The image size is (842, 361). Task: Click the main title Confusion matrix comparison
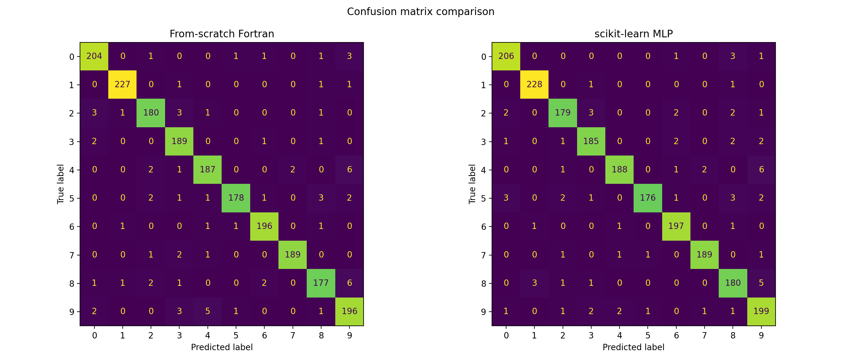click(x=420, y=12)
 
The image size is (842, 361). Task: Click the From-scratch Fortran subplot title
click(x=222, y=34)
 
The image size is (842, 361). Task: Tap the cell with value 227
click(x=122, y=84)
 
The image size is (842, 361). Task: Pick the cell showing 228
click(x=534, y=84)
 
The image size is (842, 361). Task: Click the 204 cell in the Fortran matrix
click(x=94, y=56)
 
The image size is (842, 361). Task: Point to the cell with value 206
click(x=506, y=56)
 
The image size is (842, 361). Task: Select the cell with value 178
click(x=236, y=198)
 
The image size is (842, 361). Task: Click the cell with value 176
click(x=647, y=198)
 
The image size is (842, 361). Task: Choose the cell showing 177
click(x=321, y=283)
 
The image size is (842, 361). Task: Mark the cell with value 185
click(x=591, y=141)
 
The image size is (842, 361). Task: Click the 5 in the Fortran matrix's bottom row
click(x=207, y=311)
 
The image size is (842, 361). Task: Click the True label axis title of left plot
click(x=60, y=184)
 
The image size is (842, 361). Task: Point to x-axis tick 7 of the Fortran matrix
click(x=293, y=335)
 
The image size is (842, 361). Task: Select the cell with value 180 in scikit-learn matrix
click(x=733, y=283)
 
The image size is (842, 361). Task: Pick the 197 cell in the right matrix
click(x=676, y=226)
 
